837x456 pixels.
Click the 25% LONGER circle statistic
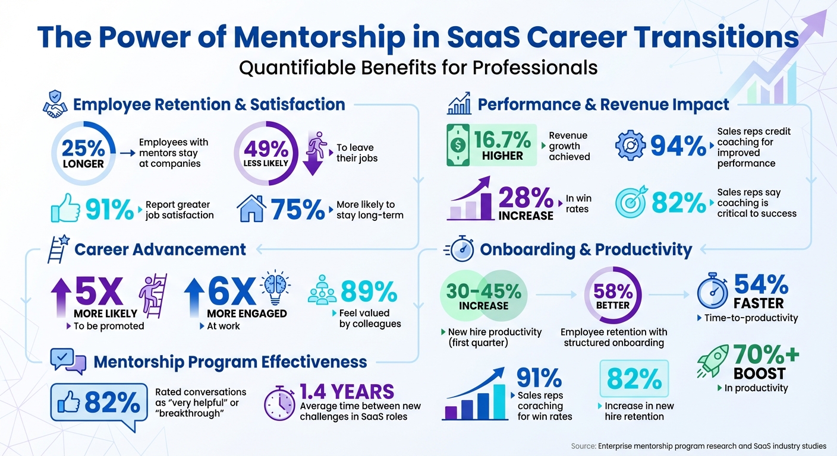[x=83, y=153]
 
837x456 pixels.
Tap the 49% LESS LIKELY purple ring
[x=265, y=153]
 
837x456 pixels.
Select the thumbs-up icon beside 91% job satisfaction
[x=65, y=208]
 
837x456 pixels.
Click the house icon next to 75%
[x=251, y=208]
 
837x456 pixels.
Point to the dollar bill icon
[x=458, y=144]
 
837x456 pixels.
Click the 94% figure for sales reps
[x=678, y=146]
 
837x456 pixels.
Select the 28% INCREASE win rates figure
[x=526, y=203]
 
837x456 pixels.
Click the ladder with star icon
[x=56, y=249]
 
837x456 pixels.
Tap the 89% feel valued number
[x=369, y=292]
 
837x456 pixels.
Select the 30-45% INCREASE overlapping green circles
[x=483, y=296]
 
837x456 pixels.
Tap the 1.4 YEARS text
[x=347, y=392]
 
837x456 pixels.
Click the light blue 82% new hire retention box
[x=634, y=378]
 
